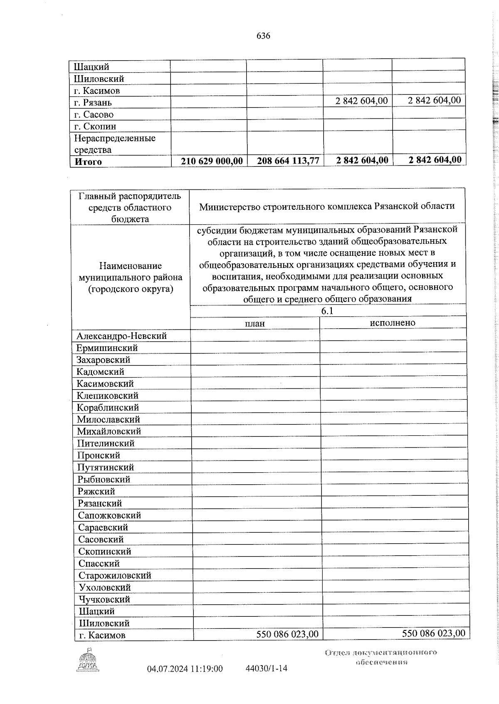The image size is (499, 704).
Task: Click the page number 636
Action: point(263,36)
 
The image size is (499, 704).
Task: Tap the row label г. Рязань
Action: point(93,103)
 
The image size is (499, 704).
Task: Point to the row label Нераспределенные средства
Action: point(115,144)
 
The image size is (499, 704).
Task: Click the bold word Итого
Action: point(88,162)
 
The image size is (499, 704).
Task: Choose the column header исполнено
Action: point(393,323)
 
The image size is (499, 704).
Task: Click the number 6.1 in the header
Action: point(327,311)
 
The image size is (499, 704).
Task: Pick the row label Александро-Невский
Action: point(121,336)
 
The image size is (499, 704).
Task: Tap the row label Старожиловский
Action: point(115,575)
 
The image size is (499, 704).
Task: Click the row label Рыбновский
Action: point(104,479)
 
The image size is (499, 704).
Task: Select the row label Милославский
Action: point(108,419)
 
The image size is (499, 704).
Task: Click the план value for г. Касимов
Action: point(287,634)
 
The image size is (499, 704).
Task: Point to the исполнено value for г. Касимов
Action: point(433,633)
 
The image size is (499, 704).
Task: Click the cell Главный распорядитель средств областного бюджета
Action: point(130,207)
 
